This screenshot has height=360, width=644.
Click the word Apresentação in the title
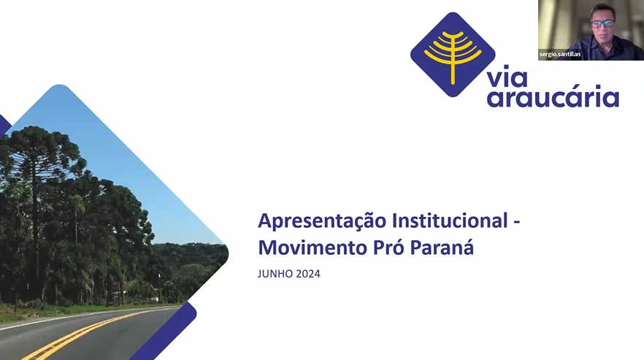point(323,221)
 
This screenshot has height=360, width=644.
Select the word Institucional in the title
point(450,221)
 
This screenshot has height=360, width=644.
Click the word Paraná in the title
point(442,248)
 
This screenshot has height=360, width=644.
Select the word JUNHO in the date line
point(275,274)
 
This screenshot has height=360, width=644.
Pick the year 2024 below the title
point(308,274)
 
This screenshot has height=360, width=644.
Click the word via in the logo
point(507,78)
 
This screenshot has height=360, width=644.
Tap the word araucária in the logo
point(553,97)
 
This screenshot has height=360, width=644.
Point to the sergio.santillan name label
point(560,54)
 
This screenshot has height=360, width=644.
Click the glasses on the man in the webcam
point(603,23)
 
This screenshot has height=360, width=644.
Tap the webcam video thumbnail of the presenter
point(591,30)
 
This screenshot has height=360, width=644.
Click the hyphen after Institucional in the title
point(517,222)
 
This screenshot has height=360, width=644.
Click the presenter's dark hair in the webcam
point(603,11)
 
